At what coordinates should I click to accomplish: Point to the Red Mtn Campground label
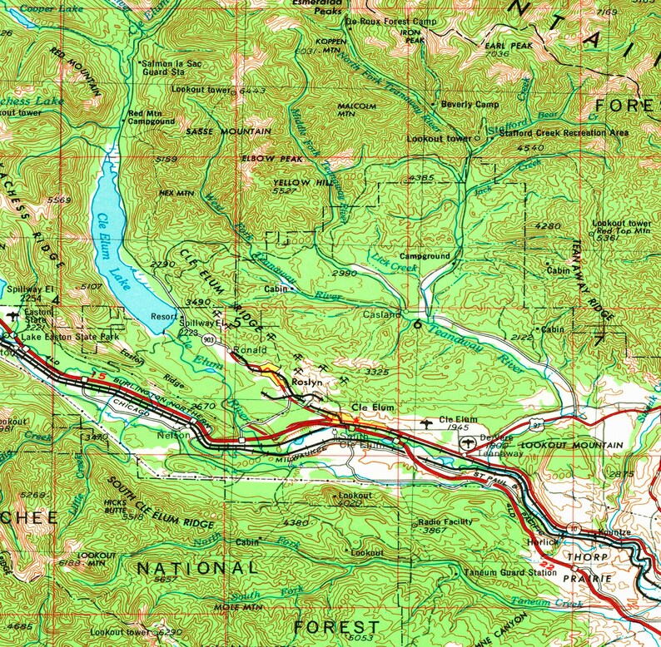tap(151, 117)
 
